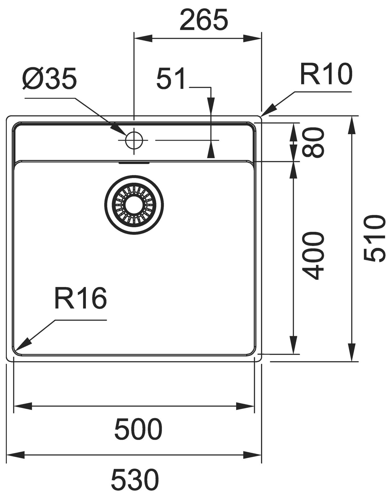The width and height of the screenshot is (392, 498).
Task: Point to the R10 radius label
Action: click(x=326, y=74)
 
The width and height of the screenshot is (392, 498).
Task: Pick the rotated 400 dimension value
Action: click(x=314, y=256)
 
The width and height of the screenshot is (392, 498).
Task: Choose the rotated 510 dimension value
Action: click(x=375, y=238)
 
